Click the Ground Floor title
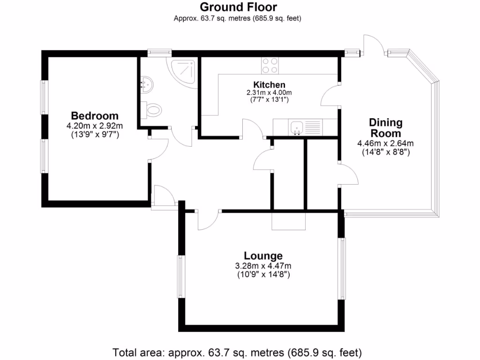coord(238,7)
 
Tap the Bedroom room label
coord(95,116)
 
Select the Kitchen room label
coord(269,85)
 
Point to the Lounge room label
coord(262,256)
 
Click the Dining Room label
coord(386,128)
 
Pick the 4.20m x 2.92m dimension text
coord(95,126)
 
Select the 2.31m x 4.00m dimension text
coord(269,93)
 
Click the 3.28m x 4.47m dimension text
coord(262,266)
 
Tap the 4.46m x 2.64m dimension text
coord(386,143)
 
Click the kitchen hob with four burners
coord(270,66)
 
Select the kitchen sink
coord(297,127)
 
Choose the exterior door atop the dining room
coord(374,46)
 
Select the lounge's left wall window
coord(180,276)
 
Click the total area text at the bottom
coord(238,352)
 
